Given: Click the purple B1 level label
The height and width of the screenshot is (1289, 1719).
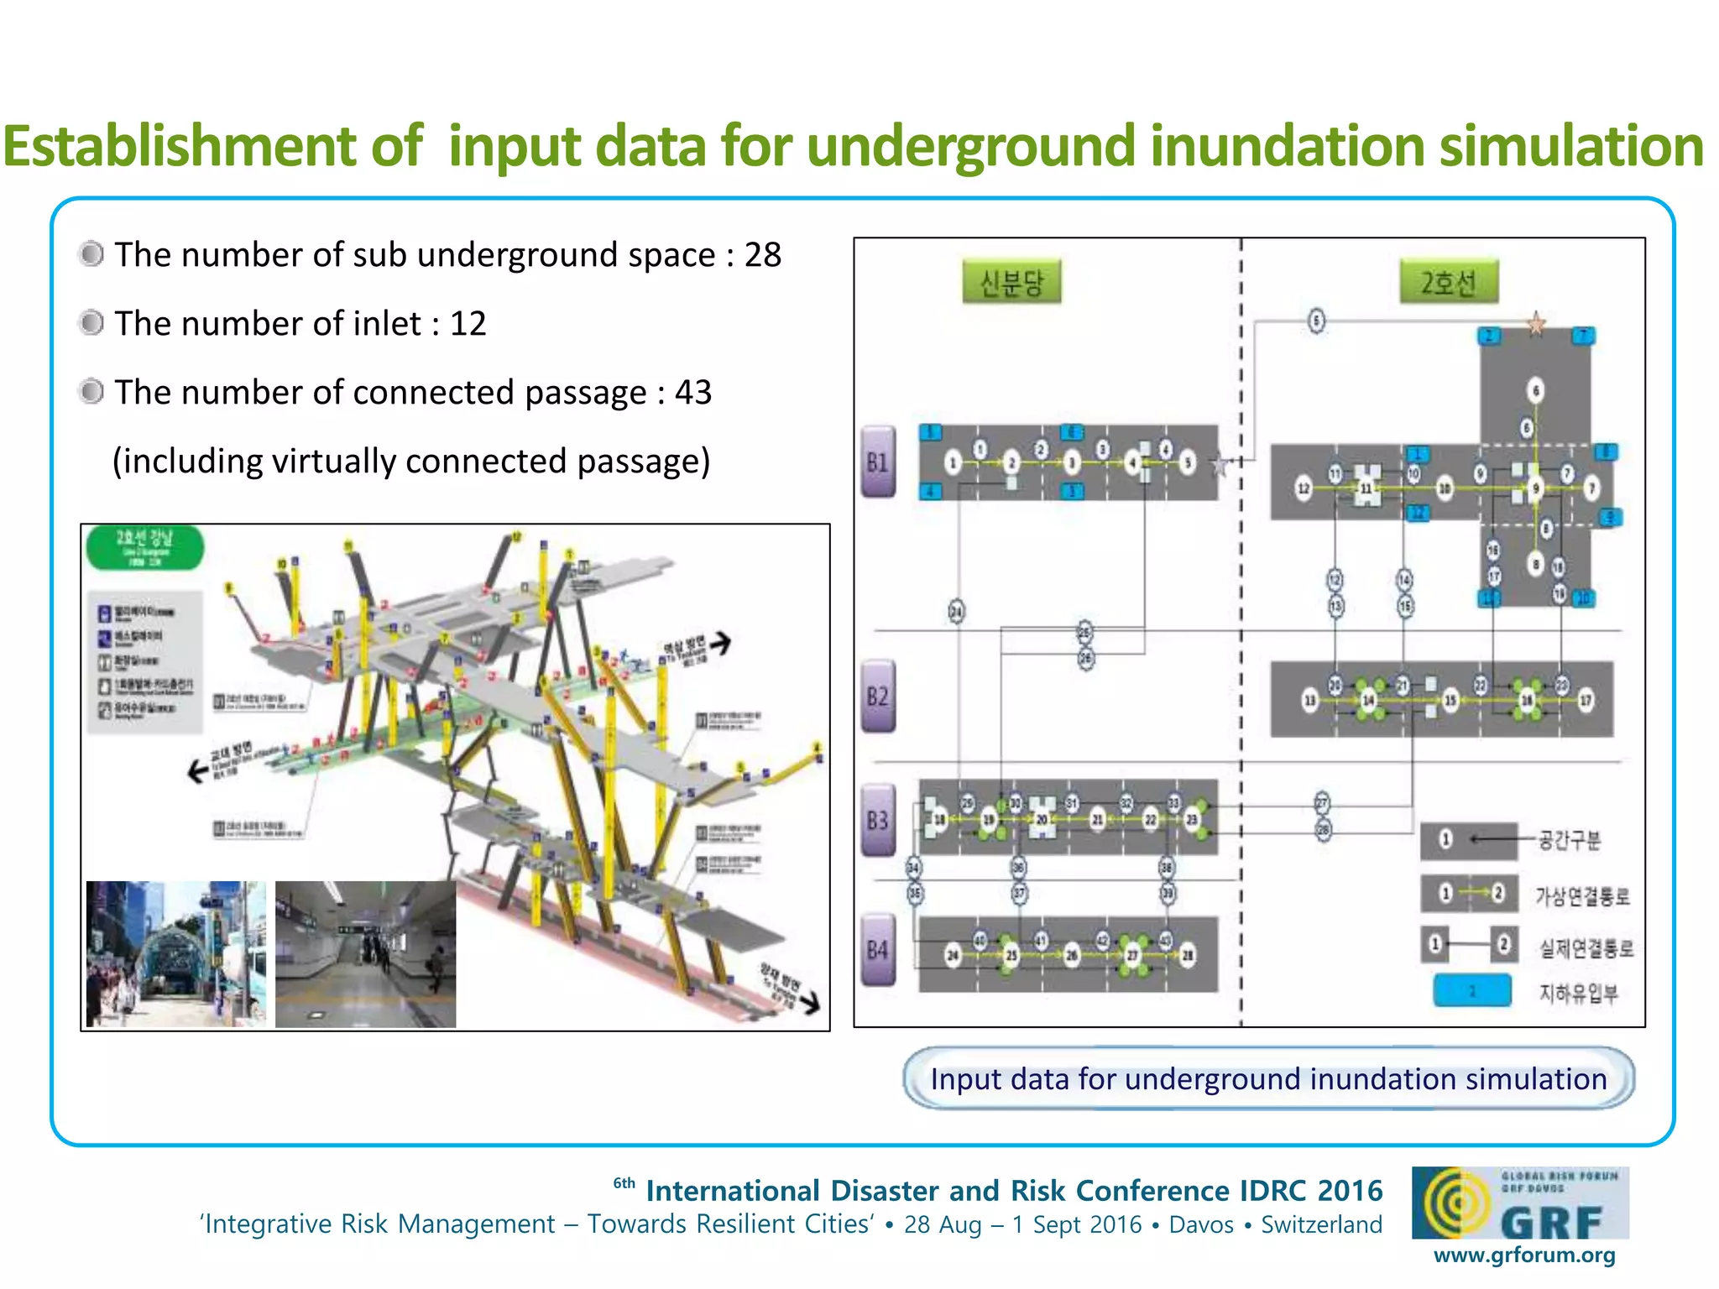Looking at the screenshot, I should coord(878,462).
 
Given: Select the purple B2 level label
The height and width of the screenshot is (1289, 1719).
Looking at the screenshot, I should coord(878,696).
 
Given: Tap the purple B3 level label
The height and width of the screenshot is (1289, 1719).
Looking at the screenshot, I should coord(878,820).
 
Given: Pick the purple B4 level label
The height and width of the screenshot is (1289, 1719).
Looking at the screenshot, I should coord(878,949).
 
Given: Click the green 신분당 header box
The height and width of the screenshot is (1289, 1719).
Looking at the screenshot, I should coord(1011,282).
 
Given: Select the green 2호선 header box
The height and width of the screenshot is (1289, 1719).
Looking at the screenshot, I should coord(1448,282).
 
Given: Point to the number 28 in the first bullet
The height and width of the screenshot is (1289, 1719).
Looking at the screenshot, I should coord(763,255).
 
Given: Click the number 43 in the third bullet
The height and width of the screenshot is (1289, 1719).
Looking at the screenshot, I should coord(693,393).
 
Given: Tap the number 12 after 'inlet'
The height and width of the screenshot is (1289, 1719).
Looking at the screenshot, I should coord(468,324).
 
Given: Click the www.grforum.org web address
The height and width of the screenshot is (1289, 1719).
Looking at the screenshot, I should coord(1523,1255).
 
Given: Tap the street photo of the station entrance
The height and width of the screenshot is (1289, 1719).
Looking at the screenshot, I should coord(176,953).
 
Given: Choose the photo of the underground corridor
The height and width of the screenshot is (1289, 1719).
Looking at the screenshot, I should coord(366,953).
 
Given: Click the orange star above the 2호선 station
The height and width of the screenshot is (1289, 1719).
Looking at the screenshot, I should coord(1536,323).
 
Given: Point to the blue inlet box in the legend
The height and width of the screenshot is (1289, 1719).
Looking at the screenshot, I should coord(1472,991).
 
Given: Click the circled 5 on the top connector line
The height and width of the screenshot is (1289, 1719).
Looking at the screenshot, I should coord(1316,321).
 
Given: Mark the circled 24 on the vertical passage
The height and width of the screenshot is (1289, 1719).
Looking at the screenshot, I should coord(957,611).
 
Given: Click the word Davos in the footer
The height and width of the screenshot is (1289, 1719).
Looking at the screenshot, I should coord(1201,1224).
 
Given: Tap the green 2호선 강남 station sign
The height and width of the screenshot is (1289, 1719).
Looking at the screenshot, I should coord(144,547).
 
